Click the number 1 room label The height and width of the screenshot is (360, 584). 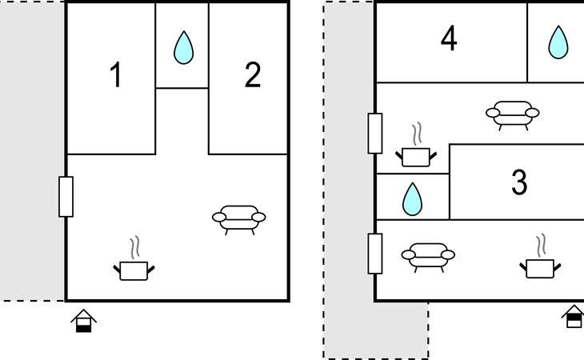click(x=116, y=75)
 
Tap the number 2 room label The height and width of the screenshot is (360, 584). click(x=253, y=75)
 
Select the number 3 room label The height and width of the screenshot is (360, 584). click(x=519, y=182)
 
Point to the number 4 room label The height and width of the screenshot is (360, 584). click(x=449, y=38)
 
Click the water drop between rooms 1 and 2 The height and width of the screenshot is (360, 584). click(x=184, y=48)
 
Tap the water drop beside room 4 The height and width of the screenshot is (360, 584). click(x=558, y=42)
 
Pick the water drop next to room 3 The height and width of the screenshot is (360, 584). click(x=412, y=199)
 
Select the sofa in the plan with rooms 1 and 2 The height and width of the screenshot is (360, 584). click(x=239, y=220)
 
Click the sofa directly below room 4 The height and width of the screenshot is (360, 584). click(x=513, y=115)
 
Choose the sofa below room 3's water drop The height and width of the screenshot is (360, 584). click(x=428, y=258)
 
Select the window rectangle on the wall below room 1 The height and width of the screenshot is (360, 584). click(x=66, y=197)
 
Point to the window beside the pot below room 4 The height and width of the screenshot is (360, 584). click(x=375, y=134)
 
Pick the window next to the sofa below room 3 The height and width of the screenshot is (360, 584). click(x=375, y=254)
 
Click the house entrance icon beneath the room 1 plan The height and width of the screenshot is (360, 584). click(x=84, y=321)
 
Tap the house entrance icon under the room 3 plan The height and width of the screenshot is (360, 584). click(x=574, y=317)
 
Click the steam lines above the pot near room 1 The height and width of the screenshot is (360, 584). click(x=135, y=247)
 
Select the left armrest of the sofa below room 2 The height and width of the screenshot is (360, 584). click(x=219, y=217)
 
